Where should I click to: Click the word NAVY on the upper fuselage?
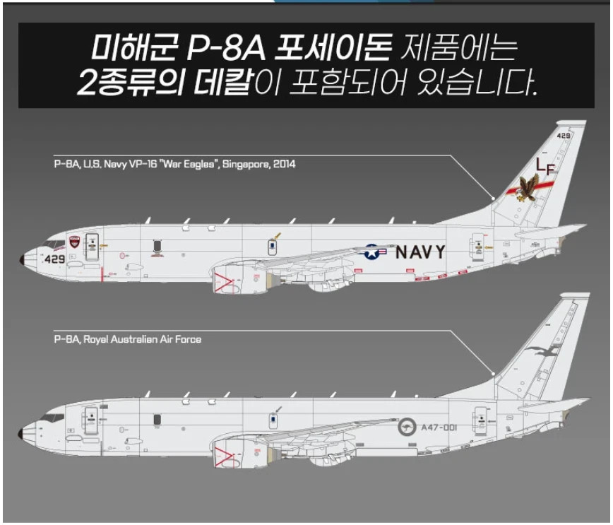(420, 252)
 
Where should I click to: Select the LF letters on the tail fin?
(546, 165)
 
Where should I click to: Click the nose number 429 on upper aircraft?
(54, 259)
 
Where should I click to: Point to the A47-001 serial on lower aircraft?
(439, 427)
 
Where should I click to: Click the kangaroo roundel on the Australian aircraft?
(407, 427)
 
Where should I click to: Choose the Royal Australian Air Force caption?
(127, 339)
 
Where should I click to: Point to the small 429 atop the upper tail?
(563, 135)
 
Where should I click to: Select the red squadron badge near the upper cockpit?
(75, 242)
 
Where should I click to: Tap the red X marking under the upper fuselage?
(225, 281)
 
